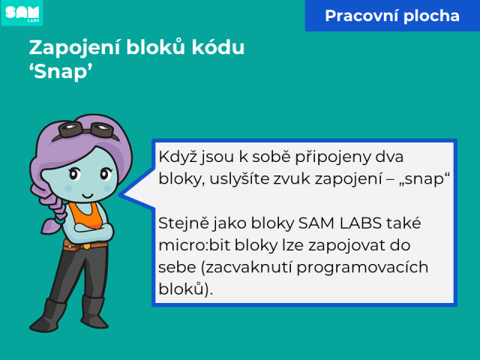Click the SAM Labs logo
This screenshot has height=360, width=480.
22,13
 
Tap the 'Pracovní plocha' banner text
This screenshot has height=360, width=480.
392,16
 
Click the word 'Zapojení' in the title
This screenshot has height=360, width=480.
74,48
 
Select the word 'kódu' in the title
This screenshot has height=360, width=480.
218,47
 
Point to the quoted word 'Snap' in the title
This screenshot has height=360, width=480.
61,72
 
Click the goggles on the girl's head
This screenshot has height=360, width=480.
86,130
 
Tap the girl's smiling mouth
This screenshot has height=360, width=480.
88,196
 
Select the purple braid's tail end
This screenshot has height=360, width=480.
50,226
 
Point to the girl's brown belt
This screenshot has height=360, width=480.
85,245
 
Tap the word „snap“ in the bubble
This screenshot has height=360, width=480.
424,178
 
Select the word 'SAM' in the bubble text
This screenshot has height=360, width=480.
316,223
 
